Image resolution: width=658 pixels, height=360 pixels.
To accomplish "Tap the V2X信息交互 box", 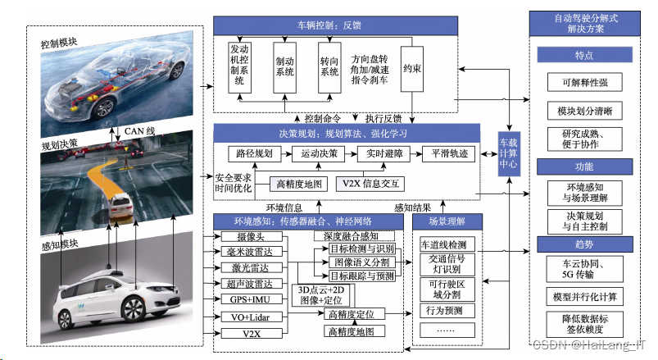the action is [x=370, y=183].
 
